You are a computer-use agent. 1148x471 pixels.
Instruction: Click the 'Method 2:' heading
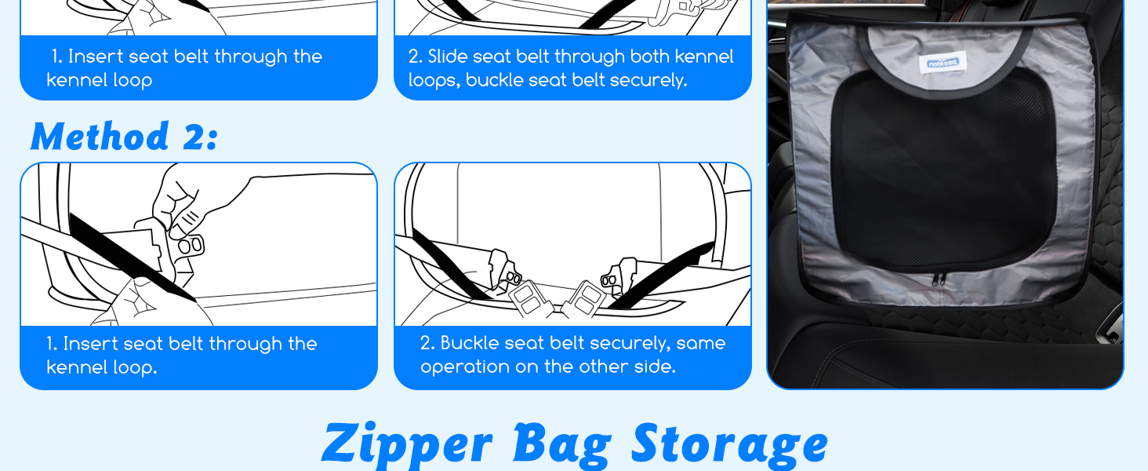[x=125, y=137]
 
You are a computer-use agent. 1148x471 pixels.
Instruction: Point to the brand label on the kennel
[x=942, y=63]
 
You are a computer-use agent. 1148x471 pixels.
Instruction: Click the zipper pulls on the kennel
[x=939, y=279]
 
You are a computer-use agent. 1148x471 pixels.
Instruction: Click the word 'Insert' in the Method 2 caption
[x=90, y=344]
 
